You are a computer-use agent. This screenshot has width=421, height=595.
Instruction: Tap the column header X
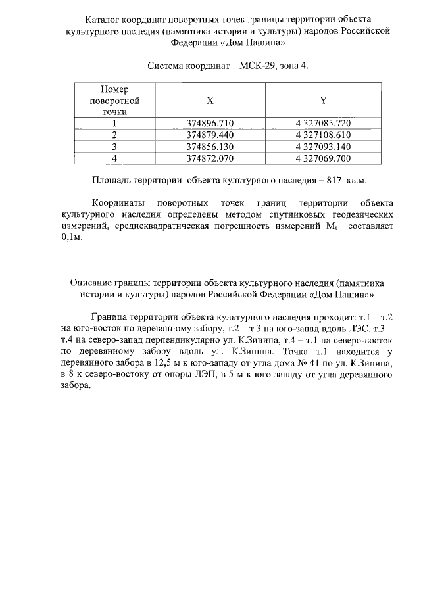210,101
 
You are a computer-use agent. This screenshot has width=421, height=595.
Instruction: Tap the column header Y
323,101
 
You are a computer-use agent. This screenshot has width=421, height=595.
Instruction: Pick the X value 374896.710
210,123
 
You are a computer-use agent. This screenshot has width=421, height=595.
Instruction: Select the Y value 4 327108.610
323,135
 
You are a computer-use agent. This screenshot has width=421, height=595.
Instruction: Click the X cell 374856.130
210,147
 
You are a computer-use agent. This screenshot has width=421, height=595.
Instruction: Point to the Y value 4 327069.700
323,158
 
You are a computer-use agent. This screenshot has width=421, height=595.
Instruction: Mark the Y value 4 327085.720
323,123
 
